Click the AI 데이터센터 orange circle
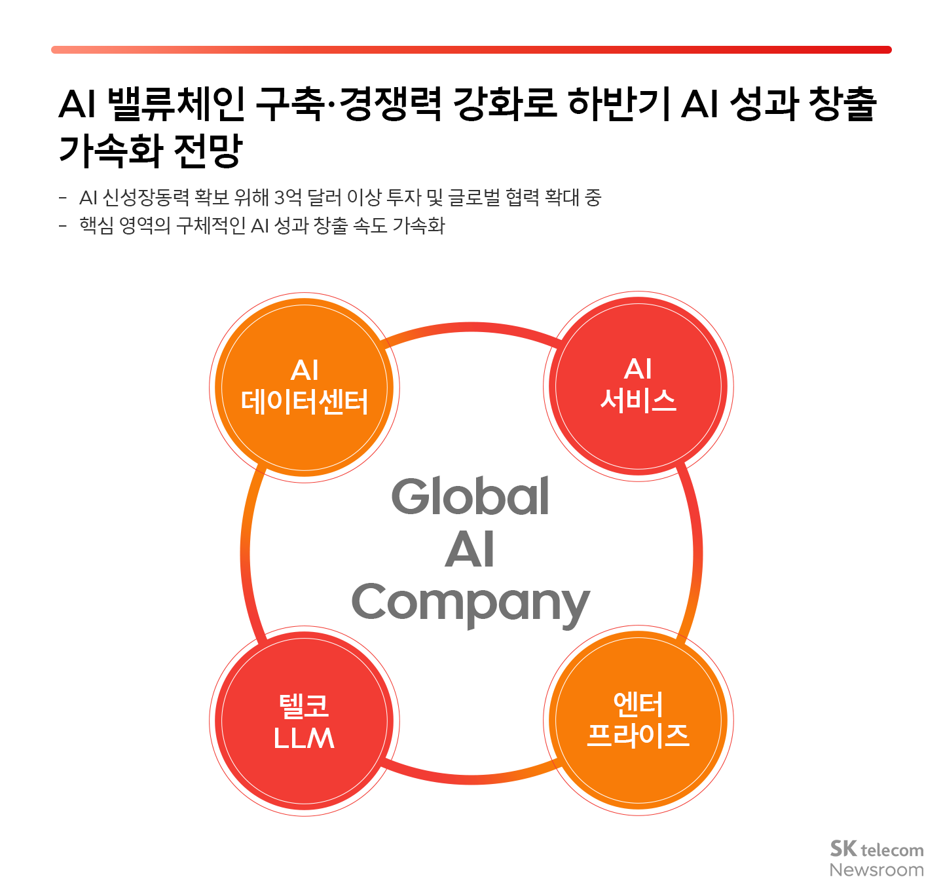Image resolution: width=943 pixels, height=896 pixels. [x=305, y=388]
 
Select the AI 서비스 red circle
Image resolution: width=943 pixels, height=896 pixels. [x=638, y=386]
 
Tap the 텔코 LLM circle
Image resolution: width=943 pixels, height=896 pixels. [x=305, y=721]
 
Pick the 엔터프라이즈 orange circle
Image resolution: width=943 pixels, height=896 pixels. [x=638, y=720]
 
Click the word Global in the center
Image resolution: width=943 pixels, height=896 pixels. [x=470, y=496]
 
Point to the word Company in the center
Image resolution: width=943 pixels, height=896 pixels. [x=470, y=603]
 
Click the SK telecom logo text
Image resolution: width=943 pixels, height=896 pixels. [x=876, y=849]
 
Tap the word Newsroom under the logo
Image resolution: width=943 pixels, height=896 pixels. [x=876, y=870]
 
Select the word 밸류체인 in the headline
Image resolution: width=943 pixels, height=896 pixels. [x=175, y=103]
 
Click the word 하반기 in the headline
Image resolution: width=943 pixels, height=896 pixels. [x=618, y=103]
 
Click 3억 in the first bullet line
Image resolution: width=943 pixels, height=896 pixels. [x=287, y=197]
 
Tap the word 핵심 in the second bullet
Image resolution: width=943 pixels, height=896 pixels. [x=96, y=226]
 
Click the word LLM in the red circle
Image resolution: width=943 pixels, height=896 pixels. [x=305, y=738]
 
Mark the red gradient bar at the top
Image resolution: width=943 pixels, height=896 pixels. [x=471, y=50]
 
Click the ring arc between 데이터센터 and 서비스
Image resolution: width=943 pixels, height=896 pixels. [x=471, y=327]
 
